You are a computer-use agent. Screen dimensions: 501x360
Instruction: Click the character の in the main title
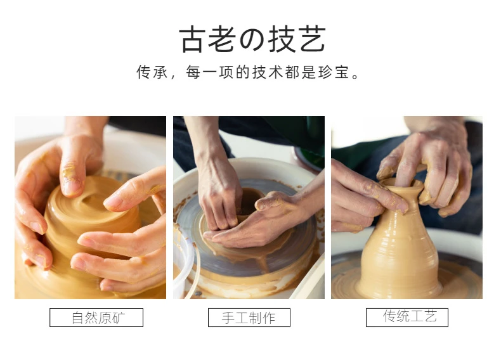coord(252,39)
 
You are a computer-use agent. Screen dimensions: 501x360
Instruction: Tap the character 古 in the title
coord(192,39)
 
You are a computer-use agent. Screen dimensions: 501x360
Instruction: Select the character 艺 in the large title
coord(313,39)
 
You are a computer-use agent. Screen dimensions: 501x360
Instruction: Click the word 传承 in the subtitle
coord(152,72)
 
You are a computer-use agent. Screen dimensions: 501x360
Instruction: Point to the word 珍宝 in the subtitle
coord(333,72)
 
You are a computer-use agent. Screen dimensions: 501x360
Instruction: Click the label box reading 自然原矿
coord(96,318)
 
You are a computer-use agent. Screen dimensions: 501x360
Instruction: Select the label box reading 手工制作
coord(249,318)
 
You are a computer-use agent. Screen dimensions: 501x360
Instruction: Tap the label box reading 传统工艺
coord(407,318)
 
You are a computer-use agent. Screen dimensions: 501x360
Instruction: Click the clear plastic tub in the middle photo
coord(185,265)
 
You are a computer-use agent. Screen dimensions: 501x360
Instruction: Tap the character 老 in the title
coord(222,39)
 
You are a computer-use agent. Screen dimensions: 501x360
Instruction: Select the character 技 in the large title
coord(282,39)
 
